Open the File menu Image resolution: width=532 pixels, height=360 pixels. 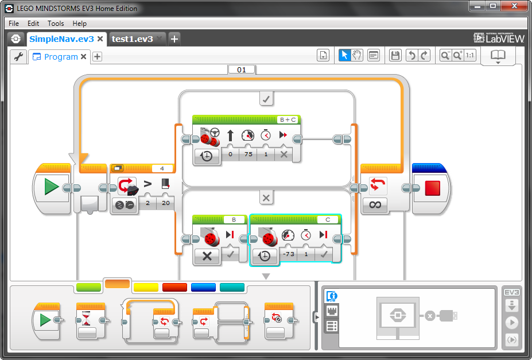tap(14, 24)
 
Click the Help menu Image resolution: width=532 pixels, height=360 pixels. tap(80, 24)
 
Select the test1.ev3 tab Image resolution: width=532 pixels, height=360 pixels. tap(132, 39)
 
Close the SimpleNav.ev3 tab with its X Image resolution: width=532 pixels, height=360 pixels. tap(100, 39)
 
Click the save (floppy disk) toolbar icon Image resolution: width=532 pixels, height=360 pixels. tap(395, 55)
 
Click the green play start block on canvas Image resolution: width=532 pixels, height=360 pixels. tap(52, 188)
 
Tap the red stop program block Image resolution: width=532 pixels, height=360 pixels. tap(432, 188)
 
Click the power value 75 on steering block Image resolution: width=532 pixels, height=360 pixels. tap(248, 154)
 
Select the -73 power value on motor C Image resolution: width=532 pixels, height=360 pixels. tap(289, 254)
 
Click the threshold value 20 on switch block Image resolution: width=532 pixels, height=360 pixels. tap(166, 203)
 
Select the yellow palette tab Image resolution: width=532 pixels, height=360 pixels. tap(146, 287)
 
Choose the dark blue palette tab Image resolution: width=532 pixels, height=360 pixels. tap(203, 287)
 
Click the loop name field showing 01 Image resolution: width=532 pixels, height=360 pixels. tap(242, 69)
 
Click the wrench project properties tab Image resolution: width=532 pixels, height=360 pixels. tap(18, 56)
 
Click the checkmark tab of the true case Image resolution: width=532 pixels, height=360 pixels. tap(266, 99)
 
